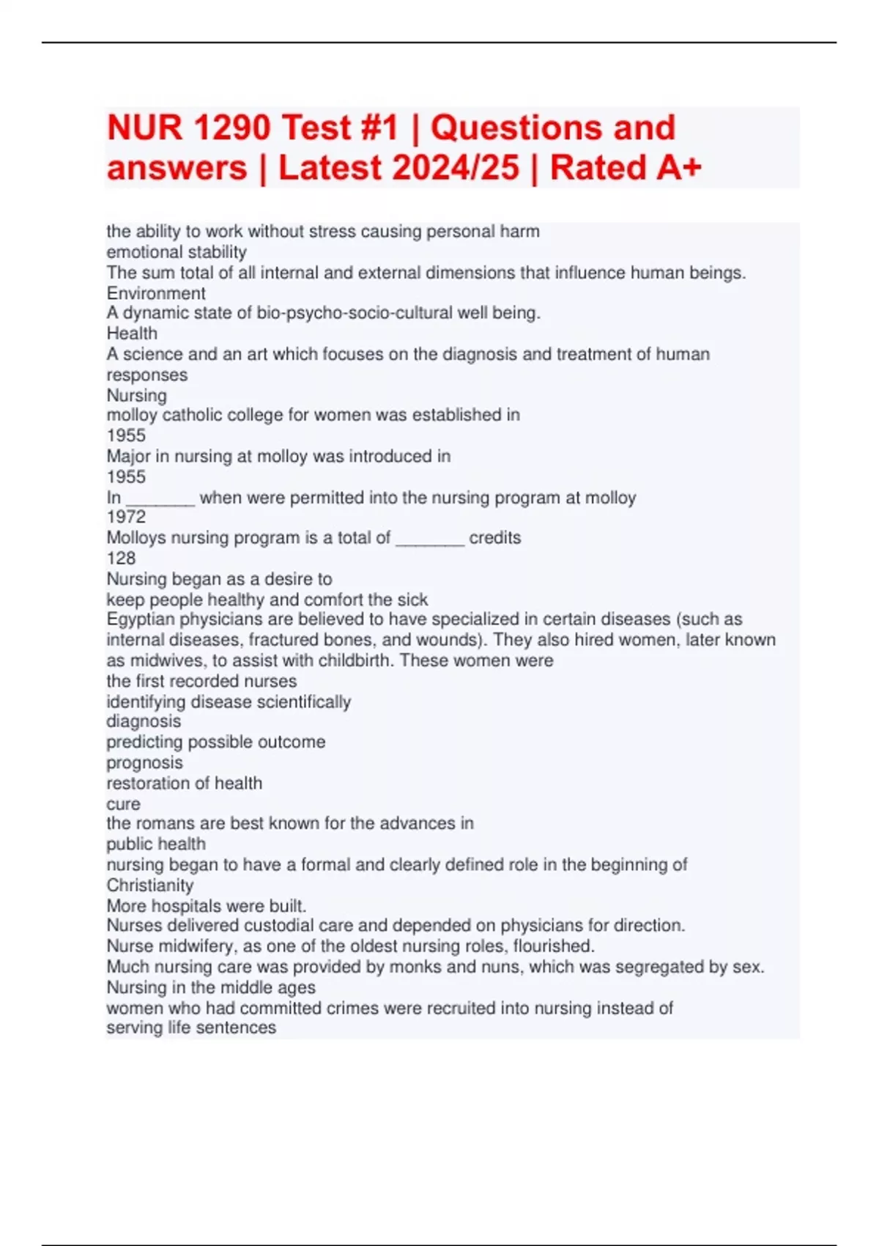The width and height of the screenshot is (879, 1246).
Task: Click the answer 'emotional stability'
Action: (177, 252)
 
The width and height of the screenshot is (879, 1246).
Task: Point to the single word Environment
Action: (156, 293)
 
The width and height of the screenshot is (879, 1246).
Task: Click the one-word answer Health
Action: (132, 333)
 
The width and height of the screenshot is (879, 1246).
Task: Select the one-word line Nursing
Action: (137, 395)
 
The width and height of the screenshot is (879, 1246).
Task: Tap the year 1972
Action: (126, 517)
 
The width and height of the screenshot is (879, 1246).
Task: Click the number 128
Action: (121, 558)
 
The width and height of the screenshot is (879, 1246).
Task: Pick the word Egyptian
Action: (140, 619)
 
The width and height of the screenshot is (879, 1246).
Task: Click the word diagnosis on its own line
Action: (144, 721)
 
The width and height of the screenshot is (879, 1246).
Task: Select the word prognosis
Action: (144, 762)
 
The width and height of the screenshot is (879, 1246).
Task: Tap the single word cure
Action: (123, 803)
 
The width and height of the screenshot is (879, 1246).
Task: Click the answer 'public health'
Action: (156, 844)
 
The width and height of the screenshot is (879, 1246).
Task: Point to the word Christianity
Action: (150, 885)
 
